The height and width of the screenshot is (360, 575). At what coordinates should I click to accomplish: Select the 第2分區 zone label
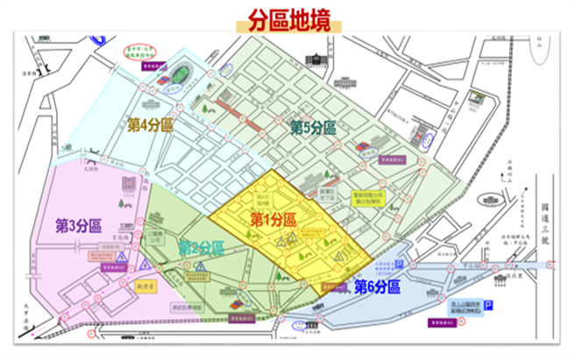[201, 246]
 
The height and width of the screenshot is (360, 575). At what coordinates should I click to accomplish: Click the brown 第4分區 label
[149, 124]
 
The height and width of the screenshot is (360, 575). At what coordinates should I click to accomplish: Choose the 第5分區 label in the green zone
[314, 129]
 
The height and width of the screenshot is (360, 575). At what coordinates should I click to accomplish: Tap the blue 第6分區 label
[377, 286]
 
